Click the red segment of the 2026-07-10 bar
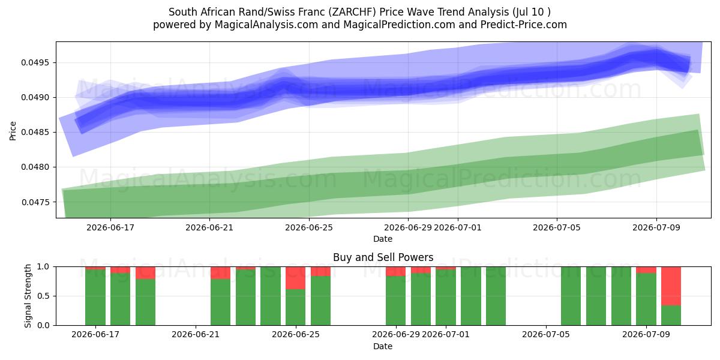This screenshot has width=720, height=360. click(671, 286)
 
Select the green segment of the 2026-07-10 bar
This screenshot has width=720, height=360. click(671, 316)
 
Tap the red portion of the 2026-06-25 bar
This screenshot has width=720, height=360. click(295, 278)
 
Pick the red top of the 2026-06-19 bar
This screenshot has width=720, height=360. click(145, 273)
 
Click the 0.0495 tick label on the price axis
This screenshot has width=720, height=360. click(35, 62)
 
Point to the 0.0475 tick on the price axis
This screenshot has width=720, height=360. click(35, 202)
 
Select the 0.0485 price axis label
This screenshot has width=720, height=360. click(35, 132)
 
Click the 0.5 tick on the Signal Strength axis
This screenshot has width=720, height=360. click(43, 296)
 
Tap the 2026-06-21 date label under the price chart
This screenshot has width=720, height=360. click(209, 227)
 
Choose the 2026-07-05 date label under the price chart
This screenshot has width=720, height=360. click(557, 227)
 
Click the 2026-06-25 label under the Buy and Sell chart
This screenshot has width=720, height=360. click(296, 334)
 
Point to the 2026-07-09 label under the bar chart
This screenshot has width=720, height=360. click(646, 334)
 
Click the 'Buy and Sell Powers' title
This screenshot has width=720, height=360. click(383, 257)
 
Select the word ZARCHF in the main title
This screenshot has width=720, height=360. click(353, 12)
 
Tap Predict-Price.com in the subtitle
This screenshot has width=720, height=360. click(524, 25)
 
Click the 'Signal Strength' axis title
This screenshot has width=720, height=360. click(28, 296)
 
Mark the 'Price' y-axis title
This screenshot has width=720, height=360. click(13, 131)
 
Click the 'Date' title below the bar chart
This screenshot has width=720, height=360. click(383, 346)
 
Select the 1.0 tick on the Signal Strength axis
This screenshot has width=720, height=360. click(43, 267)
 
